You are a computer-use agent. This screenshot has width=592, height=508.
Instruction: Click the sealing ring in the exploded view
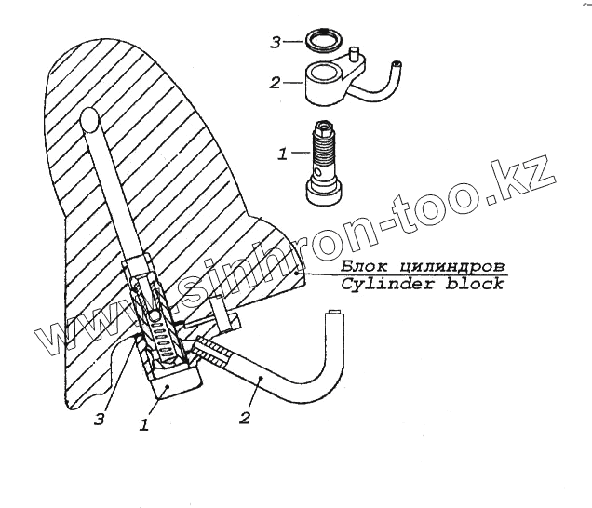[x=320, y=42]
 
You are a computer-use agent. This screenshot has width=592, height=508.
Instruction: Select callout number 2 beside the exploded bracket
[x=275, y=84]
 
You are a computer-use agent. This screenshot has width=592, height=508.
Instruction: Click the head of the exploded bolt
[x=325, y=192]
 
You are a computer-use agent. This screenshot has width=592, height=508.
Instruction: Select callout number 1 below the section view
[x=145, y=425]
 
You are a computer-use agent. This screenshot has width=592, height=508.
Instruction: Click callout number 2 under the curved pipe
[x=244, y=418]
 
